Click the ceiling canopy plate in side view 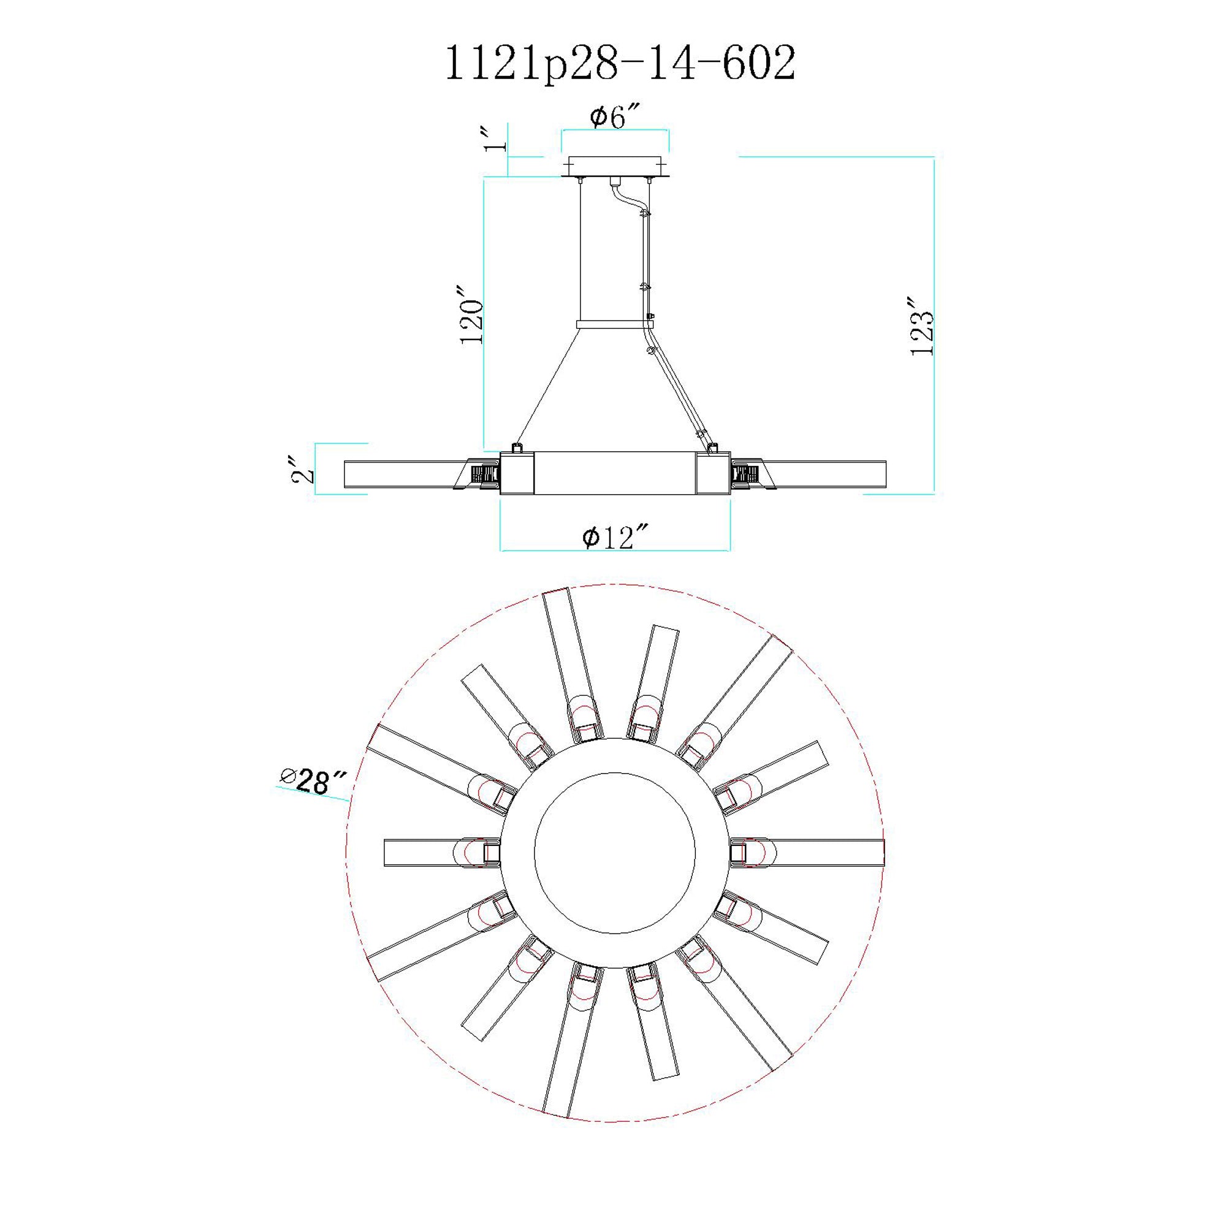click(615, 166)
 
